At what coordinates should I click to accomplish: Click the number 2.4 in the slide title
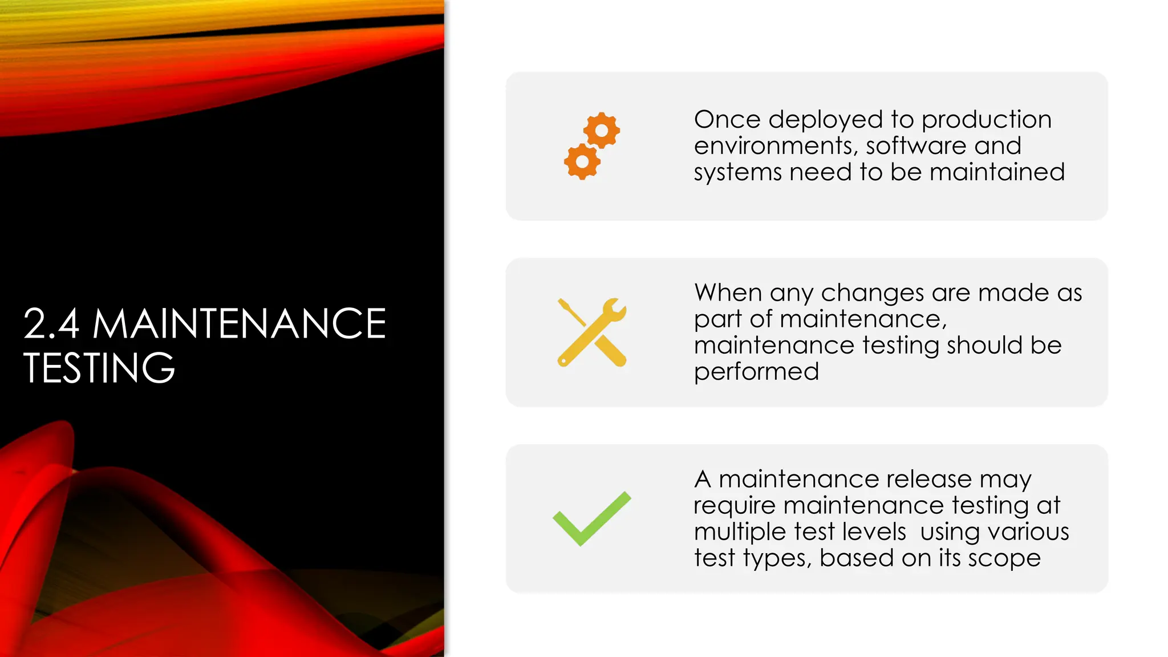point(51,324)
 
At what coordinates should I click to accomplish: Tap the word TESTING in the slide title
point(99,368)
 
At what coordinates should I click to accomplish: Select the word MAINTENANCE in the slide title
point(239,324)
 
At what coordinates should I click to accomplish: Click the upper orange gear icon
point(602,130)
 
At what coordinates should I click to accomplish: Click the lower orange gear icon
point(582,161)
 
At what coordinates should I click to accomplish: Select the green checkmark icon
point(592,518)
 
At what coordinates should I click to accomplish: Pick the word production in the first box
point(986,120)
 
